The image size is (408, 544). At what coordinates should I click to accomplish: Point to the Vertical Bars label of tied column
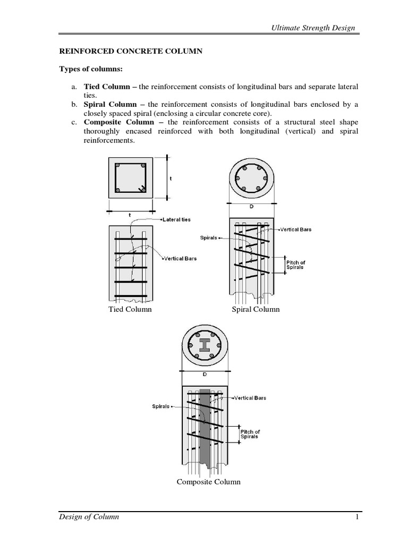(x=180, y=258)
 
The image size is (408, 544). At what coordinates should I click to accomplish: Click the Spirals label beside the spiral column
(x=208, y=237)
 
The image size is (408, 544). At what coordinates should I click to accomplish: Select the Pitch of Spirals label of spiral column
(x=296, y=265)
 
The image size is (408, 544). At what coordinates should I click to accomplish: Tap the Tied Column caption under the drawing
(x=130, y=309)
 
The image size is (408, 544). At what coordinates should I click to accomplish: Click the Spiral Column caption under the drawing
(x=256, y=309)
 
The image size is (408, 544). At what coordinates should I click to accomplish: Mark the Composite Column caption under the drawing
(x=208, y=482)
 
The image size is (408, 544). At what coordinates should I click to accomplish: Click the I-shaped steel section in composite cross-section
(x=205, y=345)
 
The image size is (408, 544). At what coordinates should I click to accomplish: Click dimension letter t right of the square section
(x=171, y=179)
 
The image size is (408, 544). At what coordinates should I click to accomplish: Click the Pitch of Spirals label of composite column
(x=250, y=433)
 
